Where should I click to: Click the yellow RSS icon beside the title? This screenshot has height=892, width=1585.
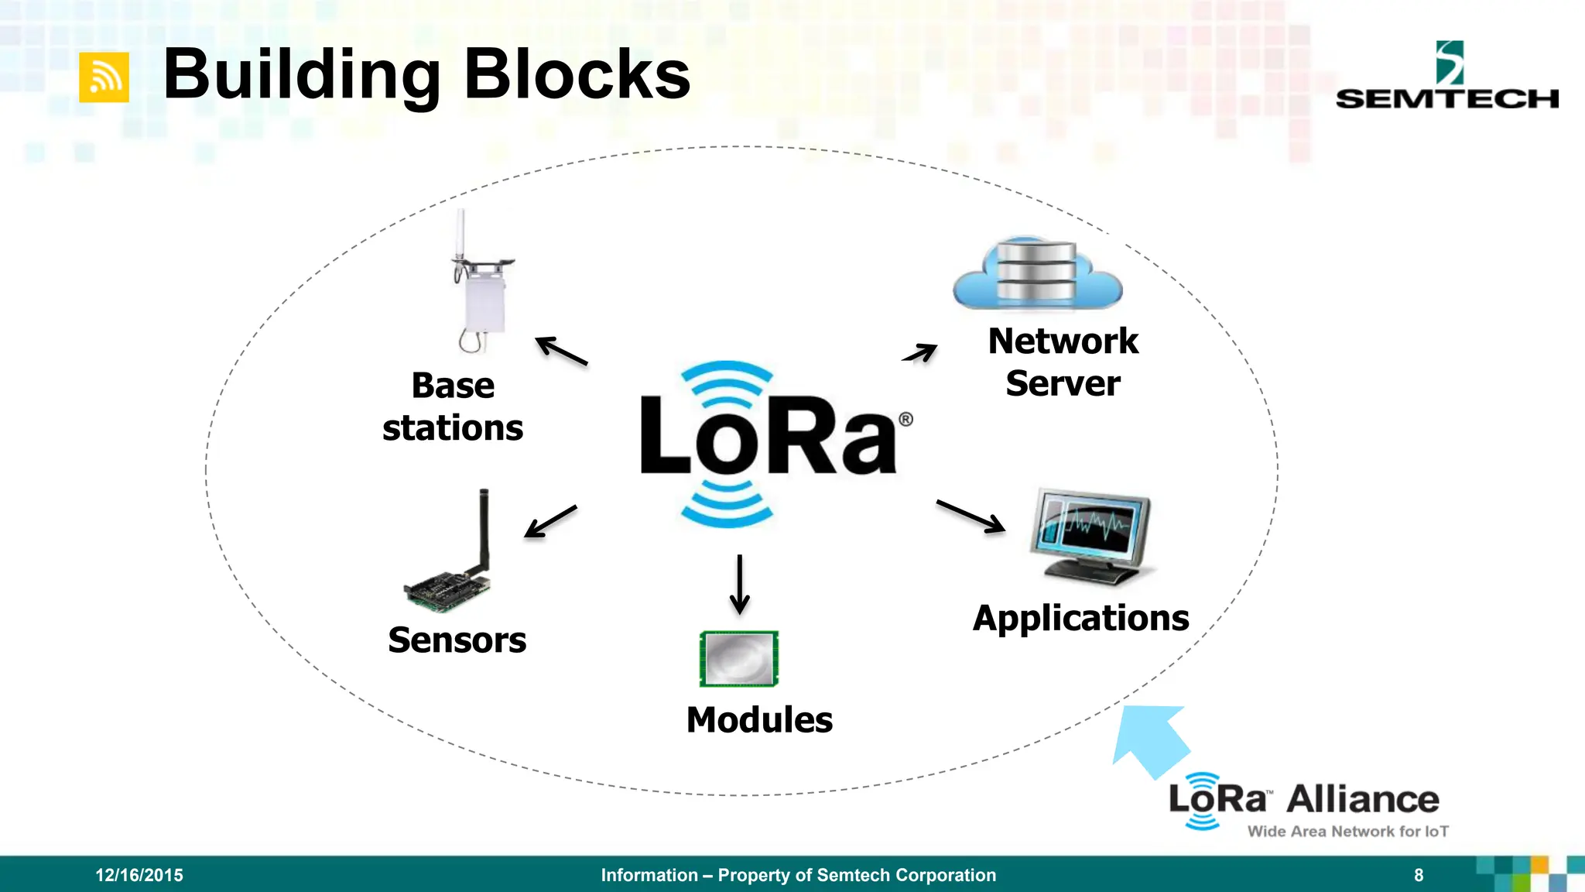104,77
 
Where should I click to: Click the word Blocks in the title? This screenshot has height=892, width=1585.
576,75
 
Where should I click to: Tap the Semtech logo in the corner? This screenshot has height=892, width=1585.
1446,77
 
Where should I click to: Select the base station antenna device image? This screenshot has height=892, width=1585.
481,286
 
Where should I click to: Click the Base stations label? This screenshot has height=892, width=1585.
453,407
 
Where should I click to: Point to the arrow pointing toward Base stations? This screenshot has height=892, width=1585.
562,351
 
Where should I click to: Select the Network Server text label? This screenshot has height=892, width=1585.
1063,362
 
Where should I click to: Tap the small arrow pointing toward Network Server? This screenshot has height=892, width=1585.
920,353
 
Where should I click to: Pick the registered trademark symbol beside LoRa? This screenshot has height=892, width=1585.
905,420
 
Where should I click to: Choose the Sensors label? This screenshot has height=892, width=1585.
457,640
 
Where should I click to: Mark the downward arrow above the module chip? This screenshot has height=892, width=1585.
740,584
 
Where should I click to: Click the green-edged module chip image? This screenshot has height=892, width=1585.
739,659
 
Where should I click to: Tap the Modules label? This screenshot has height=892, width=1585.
759,720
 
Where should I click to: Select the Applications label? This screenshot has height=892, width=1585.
1080,619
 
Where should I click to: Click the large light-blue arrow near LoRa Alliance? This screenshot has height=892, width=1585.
1150,739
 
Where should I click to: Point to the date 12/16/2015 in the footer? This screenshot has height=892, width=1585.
139,875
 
